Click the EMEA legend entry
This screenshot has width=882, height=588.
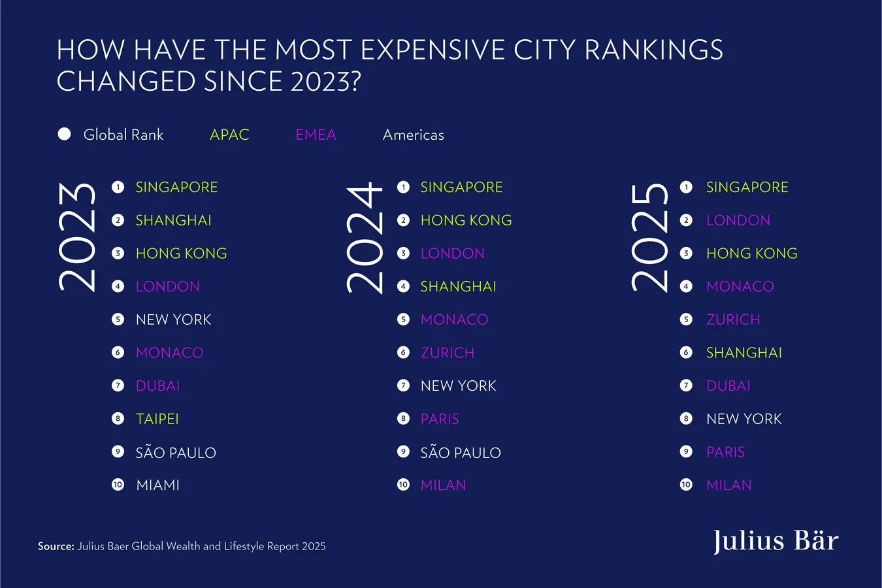316,135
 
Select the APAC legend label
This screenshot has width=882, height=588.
229,135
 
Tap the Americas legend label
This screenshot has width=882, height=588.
413,135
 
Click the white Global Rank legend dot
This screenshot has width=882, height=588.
65,134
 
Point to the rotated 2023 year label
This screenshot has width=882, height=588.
77,237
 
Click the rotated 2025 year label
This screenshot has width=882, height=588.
649,237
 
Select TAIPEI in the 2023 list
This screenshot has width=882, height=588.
157,419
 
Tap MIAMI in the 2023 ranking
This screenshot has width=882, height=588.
157,485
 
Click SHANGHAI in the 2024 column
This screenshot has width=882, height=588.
458,286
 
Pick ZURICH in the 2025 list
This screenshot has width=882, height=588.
733,319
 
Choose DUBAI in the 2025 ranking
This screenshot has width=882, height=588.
728,385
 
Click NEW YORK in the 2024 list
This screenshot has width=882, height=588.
458,385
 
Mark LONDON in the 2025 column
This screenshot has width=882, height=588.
738,220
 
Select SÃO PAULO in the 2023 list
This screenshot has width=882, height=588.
175,452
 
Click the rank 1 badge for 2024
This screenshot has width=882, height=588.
404,188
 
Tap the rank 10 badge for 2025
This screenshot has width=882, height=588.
686,485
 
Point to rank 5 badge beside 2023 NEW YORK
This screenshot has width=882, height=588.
118,319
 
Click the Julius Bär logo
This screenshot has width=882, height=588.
776,541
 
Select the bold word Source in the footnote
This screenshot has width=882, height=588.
56,546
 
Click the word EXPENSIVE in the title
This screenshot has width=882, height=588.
433,50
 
